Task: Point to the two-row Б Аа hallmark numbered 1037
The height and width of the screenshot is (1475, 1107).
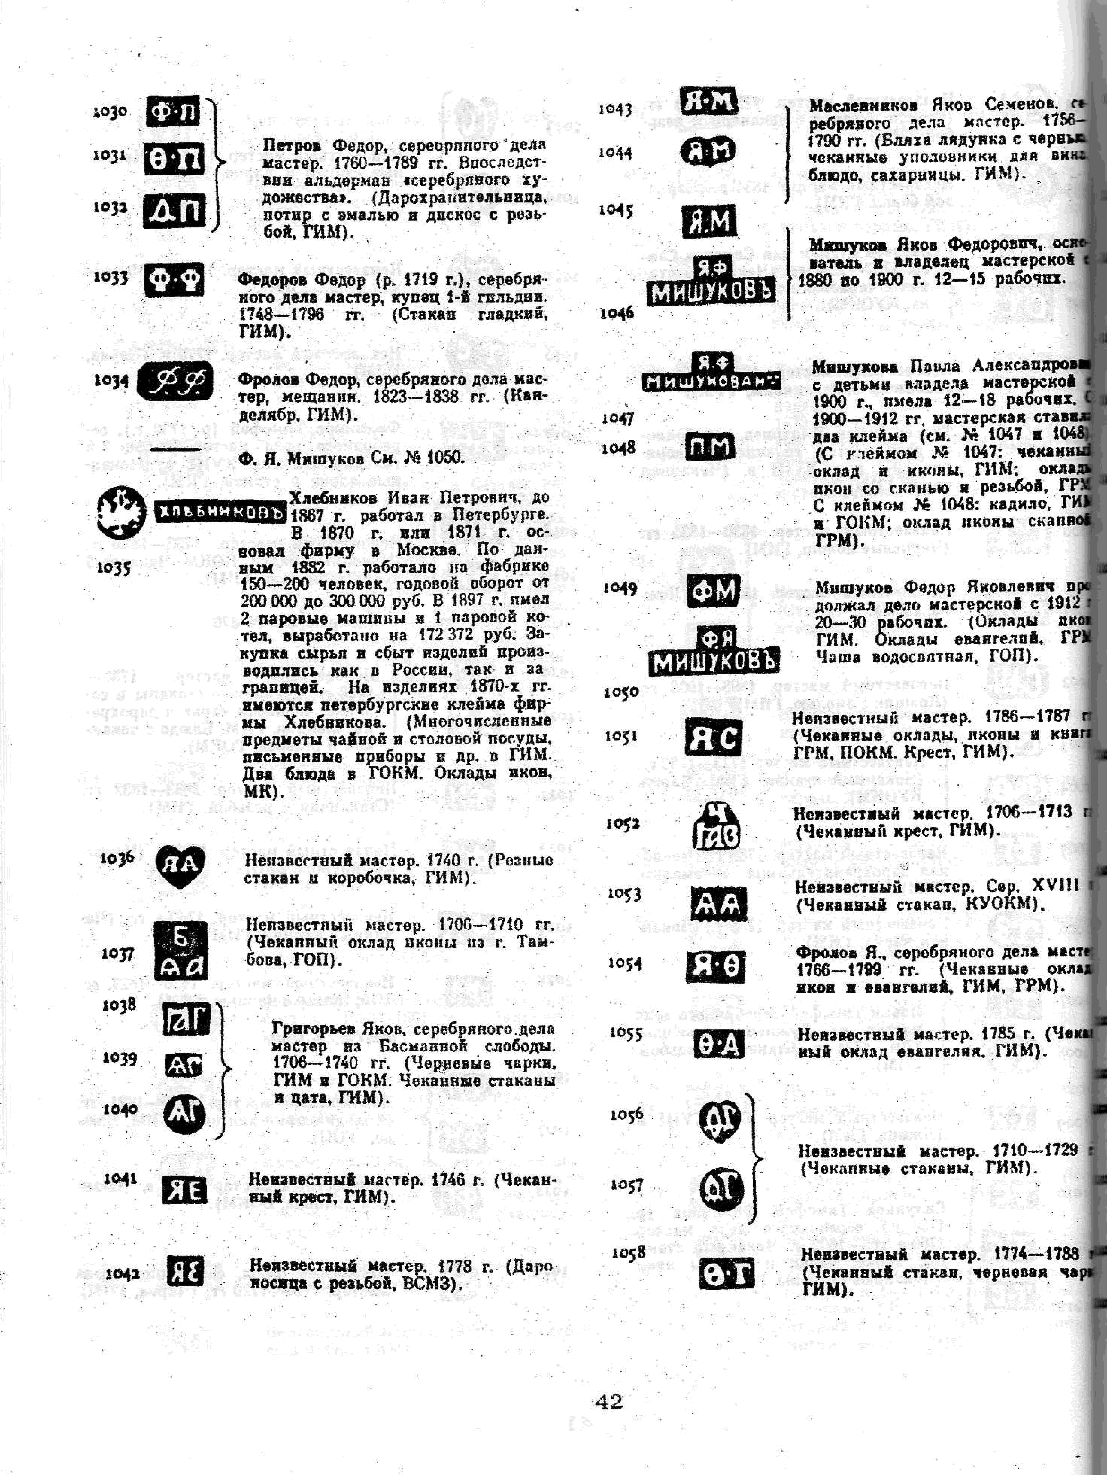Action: (180, 950)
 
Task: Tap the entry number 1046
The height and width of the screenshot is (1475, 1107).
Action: (616, 313)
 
